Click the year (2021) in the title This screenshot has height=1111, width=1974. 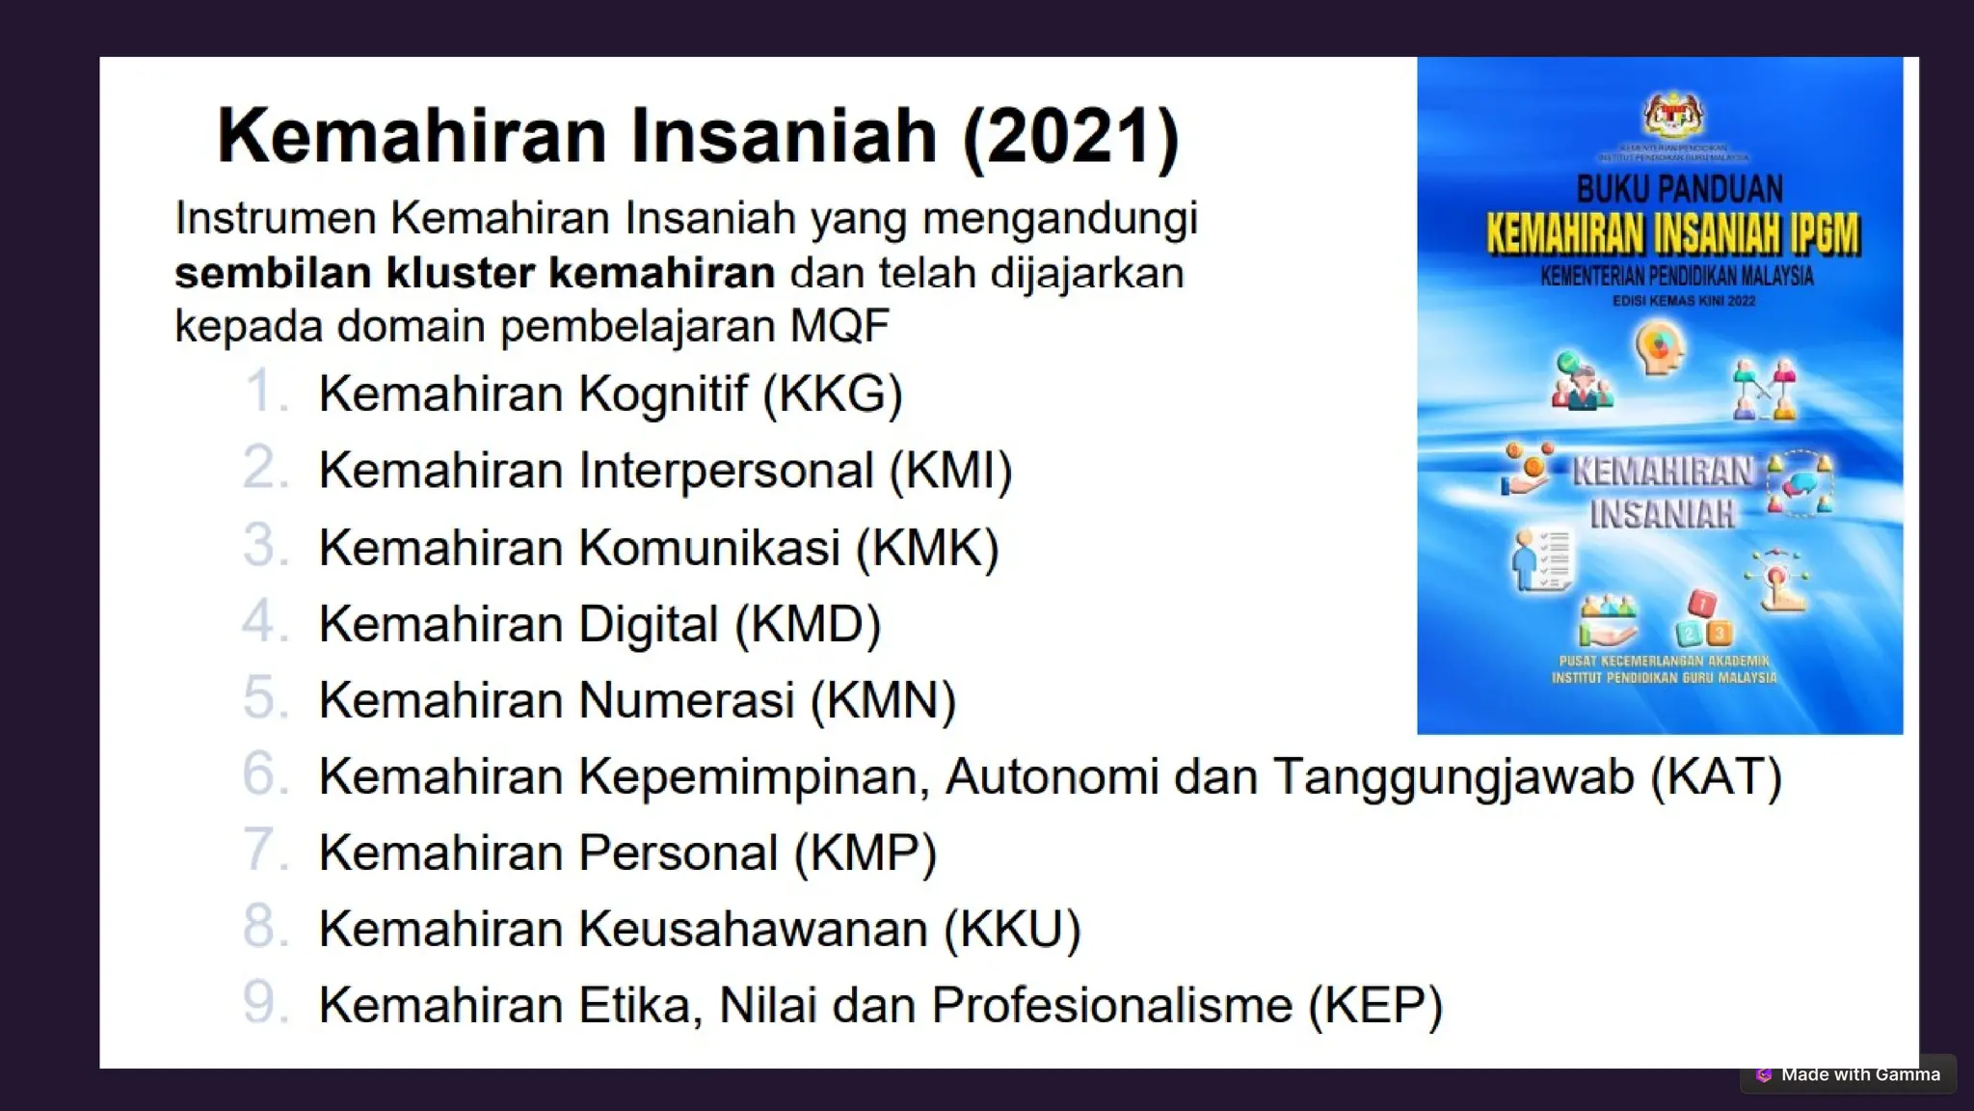pos(1070,136)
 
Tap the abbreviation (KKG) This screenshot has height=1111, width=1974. pos(833,393)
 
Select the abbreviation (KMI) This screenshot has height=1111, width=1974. pos(950,471)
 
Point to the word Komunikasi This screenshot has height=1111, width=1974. pos(709,548)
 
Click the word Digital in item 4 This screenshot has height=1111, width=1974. pos(648,624)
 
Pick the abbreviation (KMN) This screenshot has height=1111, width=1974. pos(883,700)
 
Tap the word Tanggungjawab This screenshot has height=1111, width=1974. pos(1454,777)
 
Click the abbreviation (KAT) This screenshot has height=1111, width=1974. pos(1716,777)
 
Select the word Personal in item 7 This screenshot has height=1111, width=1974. pos(678,853)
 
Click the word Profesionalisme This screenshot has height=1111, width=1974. pos(1111,1005)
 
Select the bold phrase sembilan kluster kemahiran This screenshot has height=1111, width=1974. pos(474,273)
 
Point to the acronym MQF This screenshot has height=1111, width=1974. pos(840,326)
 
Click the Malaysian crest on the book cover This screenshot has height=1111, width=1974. pos(1673,116)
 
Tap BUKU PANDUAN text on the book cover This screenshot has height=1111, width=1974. pos(1679,189)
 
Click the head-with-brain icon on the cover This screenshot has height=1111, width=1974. pos(1659,347)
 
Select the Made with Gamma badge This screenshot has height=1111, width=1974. pos(1848,1074)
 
